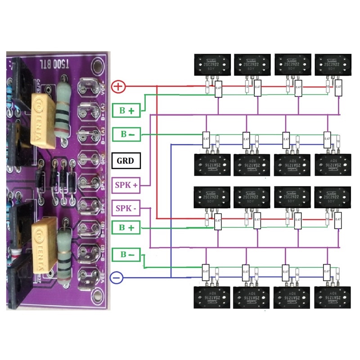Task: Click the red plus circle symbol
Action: [118, 86]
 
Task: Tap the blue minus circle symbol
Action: [116, 278]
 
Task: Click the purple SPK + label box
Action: [126, 184]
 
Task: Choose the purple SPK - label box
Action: [126, 209]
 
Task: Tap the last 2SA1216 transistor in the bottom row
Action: [331, 297]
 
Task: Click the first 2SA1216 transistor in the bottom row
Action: [209, 297]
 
